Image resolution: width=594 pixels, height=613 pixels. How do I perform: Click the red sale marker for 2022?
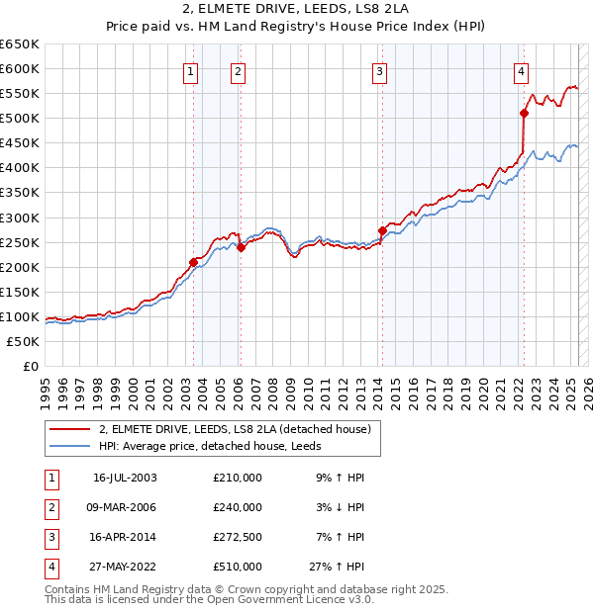(x=524, y=113)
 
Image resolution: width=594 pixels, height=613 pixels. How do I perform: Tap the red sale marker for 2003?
(x=194, y=262)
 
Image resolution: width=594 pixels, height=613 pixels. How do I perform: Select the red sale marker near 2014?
(x=382, y=230)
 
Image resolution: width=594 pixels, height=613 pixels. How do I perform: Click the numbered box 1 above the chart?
(x=190, y=70)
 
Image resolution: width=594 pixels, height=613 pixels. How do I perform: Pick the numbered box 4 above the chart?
(x=521, y=70)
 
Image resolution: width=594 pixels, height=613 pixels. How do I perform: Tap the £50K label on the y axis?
(x=24, y=341)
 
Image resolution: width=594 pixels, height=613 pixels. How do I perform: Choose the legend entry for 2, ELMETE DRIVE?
(x=235, y=429)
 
